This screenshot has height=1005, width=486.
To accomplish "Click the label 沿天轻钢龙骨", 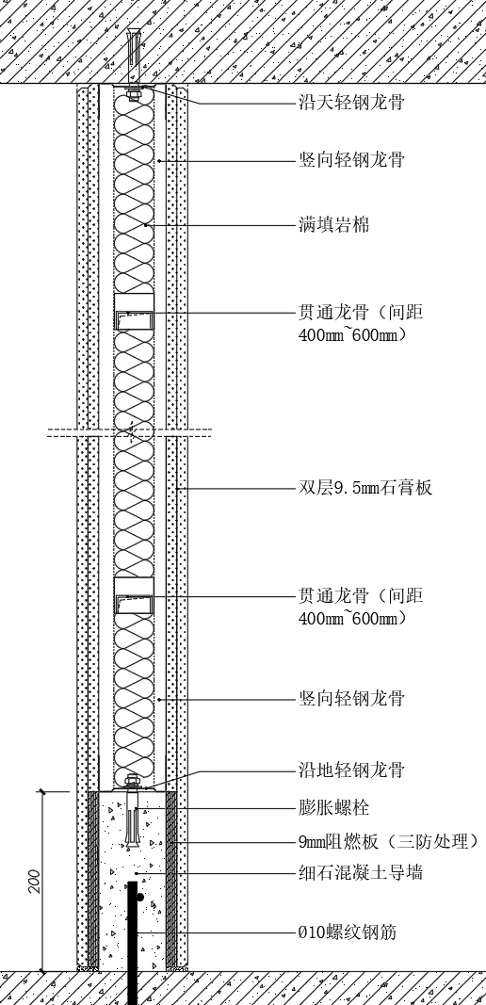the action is (x=351, y=102).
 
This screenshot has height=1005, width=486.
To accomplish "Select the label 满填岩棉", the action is (x=334, y=225).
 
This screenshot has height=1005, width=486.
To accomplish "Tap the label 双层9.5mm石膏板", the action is (x=365, y=488).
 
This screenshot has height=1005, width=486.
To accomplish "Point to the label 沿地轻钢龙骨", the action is (x=351, y=770).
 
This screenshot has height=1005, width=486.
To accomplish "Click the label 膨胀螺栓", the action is (x=334, y=807).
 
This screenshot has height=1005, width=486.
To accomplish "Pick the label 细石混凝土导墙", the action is (x=361, y=872).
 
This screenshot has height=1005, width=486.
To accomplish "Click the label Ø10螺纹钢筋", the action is (x=348, y=932).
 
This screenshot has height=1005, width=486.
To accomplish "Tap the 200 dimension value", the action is (x=34, y=882).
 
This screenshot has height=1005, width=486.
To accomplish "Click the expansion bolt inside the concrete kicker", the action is (x=134, y=813).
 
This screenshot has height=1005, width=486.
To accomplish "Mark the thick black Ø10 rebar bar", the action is (x=133, y=943).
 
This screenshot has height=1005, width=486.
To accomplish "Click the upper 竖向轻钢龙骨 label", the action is (x=351, y=159).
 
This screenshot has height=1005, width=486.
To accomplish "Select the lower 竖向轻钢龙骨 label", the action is (x=351, y=697).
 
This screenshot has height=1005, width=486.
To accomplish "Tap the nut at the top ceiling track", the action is (x=134, y=97).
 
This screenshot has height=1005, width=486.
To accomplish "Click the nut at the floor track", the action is (x=134, y=781).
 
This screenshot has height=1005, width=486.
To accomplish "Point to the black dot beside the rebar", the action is (x=140, y=898).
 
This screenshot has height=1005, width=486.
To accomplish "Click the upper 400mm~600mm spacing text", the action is (x=352, y=335).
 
